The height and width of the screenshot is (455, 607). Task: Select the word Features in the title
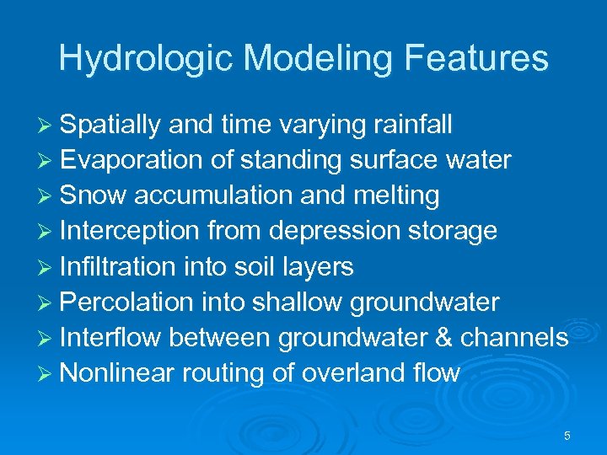point(476,58)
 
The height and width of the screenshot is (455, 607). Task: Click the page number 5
point(567,436)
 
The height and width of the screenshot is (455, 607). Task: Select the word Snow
point(94,195)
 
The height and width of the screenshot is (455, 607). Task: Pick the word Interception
point(130,231)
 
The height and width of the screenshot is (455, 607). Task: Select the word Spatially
point(110,125)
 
